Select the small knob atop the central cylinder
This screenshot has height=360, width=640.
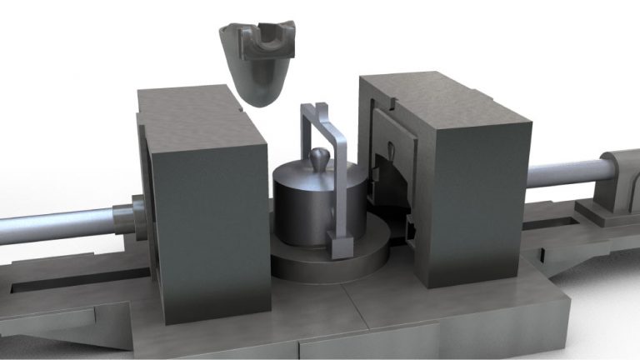pos(319,157)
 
